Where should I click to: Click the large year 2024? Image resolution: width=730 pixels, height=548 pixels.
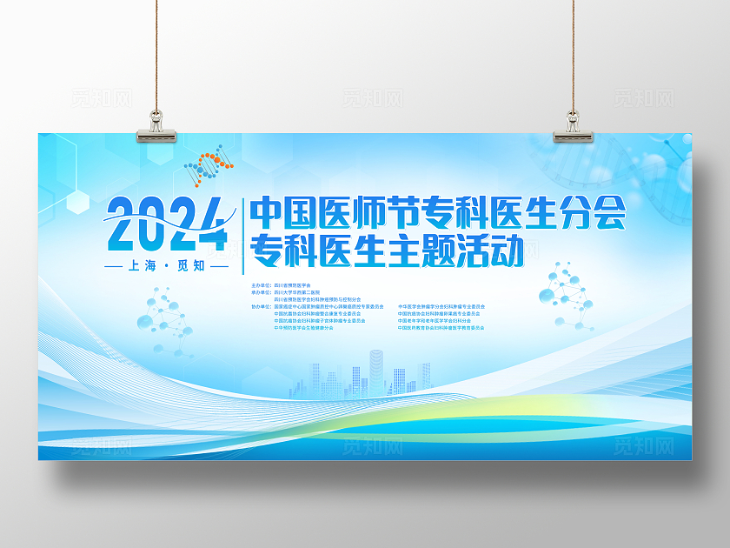[x=165, y=223]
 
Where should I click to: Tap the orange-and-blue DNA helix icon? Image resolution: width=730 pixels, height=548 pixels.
[x=206, y=166]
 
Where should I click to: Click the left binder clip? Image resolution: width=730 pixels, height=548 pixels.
[x=157, y=126]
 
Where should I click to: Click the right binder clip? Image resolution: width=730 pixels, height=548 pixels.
[x=573, y=126]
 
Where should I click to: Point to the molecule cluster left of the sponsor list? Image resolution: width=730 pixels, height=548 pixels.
[x=165, y=317]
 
